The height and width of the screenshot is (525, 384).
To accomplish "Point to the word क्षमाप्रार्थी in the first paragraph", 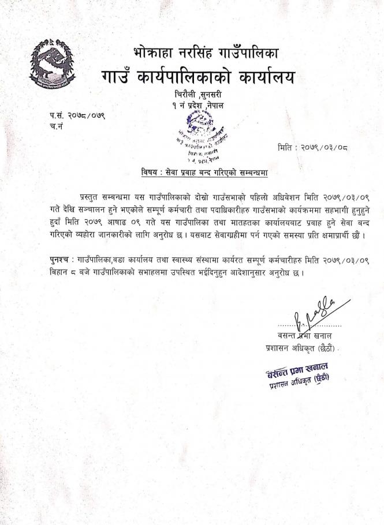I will [336, 235].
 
